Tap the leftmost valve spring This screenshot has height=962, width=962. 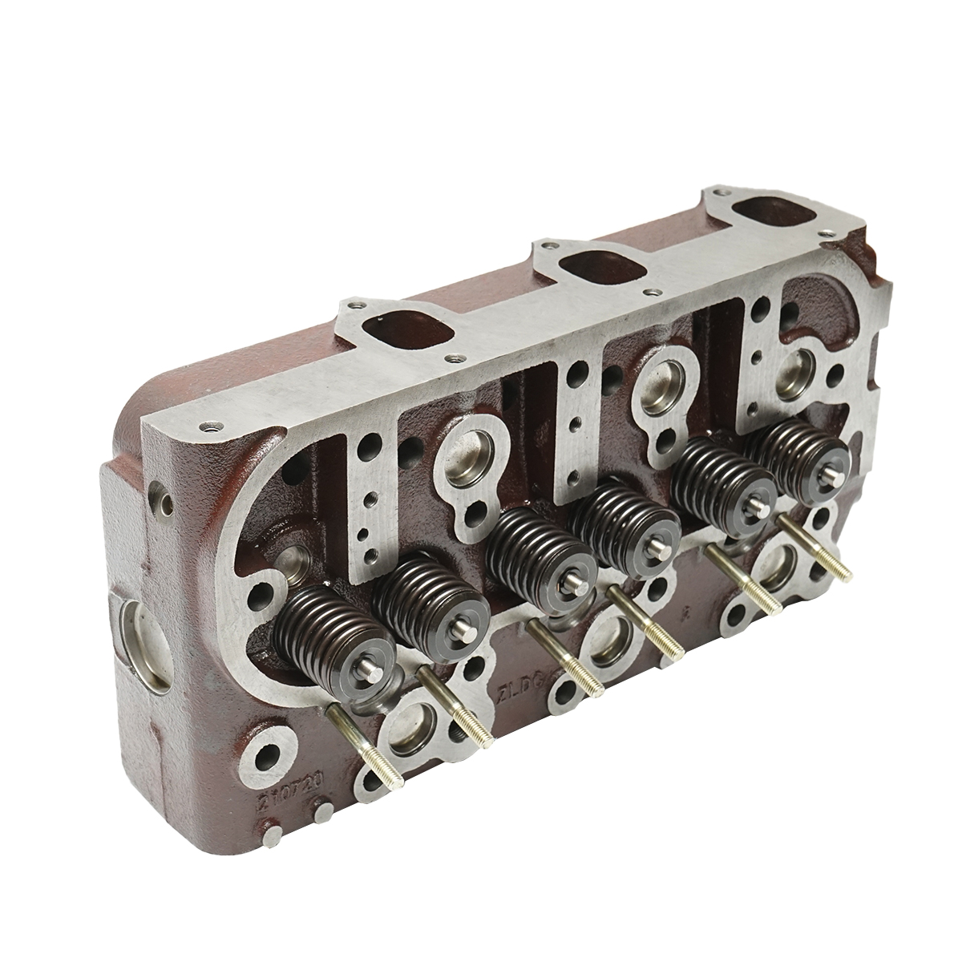pyautogui.click(x=329, y=629)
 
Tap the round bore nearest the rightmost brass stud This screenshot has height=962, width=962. pyautogui.click(x=782, y=566)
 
